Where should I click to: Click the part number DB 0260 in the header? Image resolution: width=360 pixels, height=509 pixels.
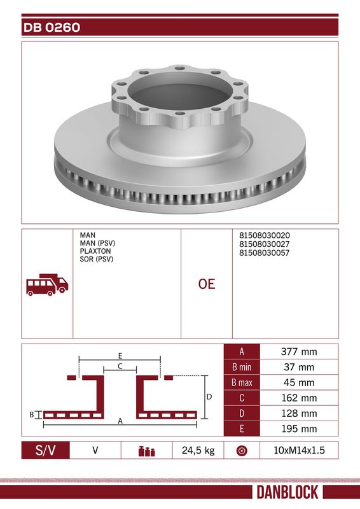click(x=52, y=27)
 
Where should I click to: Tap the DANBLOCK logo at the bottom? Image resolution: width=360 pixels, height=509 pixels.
click(x=287, y=492)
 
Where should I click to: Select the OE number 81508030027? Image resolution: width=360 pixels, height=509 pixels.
click(x=264, y=244)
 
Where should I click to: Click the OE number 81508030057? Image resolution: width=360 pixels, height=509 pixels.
click(x=264, y=253)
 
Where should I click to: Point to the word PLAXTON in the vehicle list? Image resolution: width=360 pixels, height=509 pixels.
click(x=95, y=251)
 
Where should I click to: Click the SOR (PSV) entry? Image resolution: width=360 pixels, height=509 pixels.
click(x=97, y=259)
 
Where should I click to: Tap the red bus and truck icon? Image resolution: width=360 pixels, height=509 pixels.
click(x=48, y=284)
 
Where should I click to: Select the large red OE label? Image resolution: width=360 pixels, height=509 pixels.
click(x=207, y=284)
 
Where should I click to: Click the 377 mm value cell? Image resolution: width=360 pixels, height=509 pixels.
click(x=299, y=352)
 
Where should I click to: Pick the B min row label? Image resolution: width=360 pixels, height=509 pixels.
click(x=242, y=367)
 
